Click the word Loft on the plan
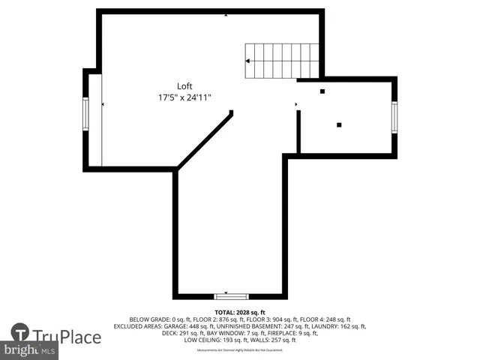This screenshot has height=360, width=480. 184,85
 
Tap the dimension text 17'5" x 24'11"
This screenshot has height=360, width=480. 184,97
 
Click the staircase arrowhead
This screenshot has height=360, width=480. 249,61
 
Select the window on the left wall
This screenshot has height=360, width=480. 85,114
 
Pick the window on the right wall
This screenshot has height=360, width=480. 394,117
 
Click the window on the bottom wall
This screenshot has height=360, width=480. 232,296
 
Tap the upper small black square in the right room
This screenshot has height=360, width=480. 322,91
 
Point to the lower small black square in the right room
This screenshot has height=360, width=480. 339,124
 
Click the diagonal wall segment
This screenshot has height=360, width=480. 205,140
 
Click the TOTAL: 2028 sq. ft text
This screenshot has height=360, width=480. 240,312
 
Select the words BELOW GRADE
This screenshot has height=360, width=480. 149,319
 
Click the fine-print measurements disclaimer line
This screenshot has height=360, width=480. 240,350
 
